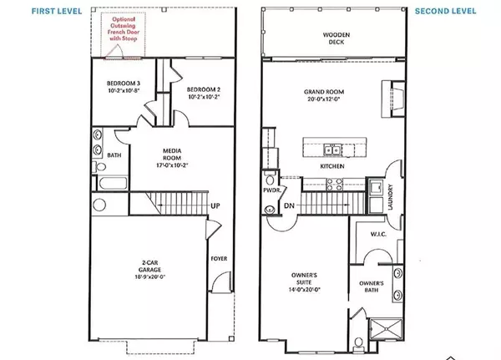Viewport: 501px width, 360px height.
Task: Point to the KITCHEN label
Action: click(x=331, y=167)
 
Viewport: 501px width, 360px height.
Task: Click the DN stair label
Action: click(x=290, y=205)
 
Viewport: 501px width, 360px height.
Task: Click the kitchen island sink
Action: click(x=331, y=150)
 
